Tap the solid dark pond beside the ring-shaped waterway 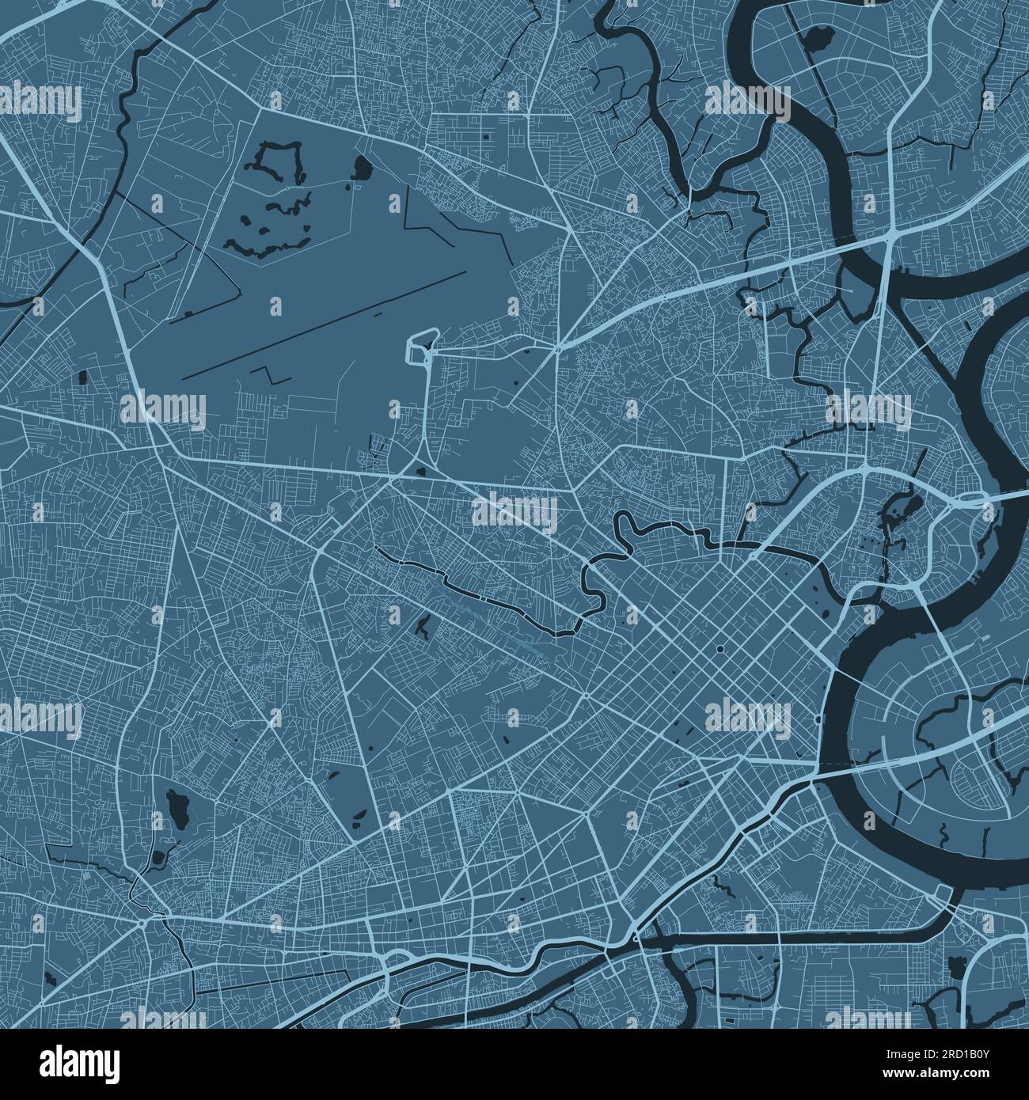363,167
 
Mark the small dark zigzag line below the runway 269,373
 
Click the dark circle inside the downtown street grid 720,650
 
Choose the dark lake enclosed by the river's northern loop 818,36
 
